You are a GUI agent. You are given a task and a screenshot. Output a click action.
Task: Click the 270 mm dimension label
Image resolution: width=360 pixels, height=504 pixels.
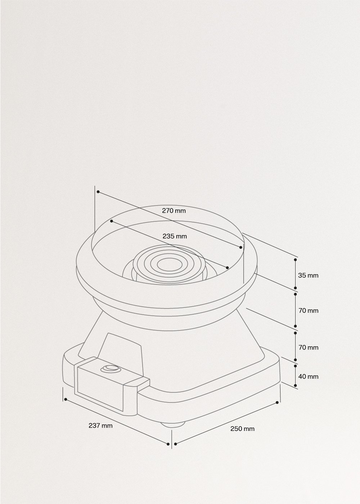[174, 211]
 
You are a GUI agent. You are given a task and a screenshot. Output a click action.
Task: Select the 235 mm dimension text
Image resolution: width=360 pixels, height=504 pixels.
[175, 237]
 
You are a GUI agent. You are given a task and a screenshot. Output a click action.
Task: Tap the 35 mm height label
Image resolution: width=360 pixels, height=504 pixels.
[308, 275]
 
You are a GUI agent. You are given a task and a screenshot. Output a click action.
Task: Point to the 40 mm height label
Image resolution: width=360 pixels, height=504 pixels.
[308, 377]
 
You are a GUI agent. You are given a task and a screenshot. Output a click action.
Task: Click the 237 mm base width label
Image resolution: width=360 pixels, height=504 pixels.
[100, 426]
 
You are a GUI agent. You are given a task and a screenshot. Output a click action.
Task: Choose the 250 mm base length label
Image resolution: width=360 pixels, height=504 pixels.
[242, 429]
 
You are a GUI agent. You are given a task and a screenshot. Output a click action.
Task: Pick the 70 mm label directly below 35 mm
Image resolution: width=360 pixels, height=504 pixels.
[308, 310]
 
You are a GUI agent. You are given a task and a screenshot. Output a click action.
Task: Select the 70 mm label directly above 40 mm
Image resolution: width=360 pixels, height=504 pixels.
[308, 347]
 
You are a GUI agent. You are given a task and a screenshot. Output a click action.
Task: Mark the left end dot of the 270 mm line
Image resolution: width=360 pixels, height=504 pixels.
[98, 192]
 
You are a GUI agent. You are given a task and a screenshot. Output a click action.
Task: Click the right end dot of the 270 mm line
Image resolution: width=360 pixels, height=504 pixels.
[241, 247]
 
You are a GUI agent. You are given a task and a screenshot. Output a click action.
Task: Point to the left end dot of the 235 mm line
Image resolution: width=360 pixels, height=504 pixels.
[112, 221]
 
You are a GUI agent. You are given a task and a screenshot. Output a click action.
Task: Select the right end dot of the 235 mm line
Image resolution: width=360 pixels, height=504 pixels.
[227, 267]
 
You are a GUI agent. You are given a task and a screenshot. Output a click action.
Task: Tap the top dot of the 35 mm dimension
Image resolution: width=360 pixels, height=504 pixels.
[296, 259]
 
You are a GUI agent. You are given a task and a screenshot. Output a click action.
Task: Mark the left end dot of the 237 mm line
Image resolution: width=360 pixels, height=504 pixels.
[65, 399]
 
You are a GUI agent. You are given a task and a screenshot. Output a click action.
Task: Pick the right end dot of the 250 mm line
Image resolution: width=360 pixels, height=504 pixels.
[277, 402]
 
